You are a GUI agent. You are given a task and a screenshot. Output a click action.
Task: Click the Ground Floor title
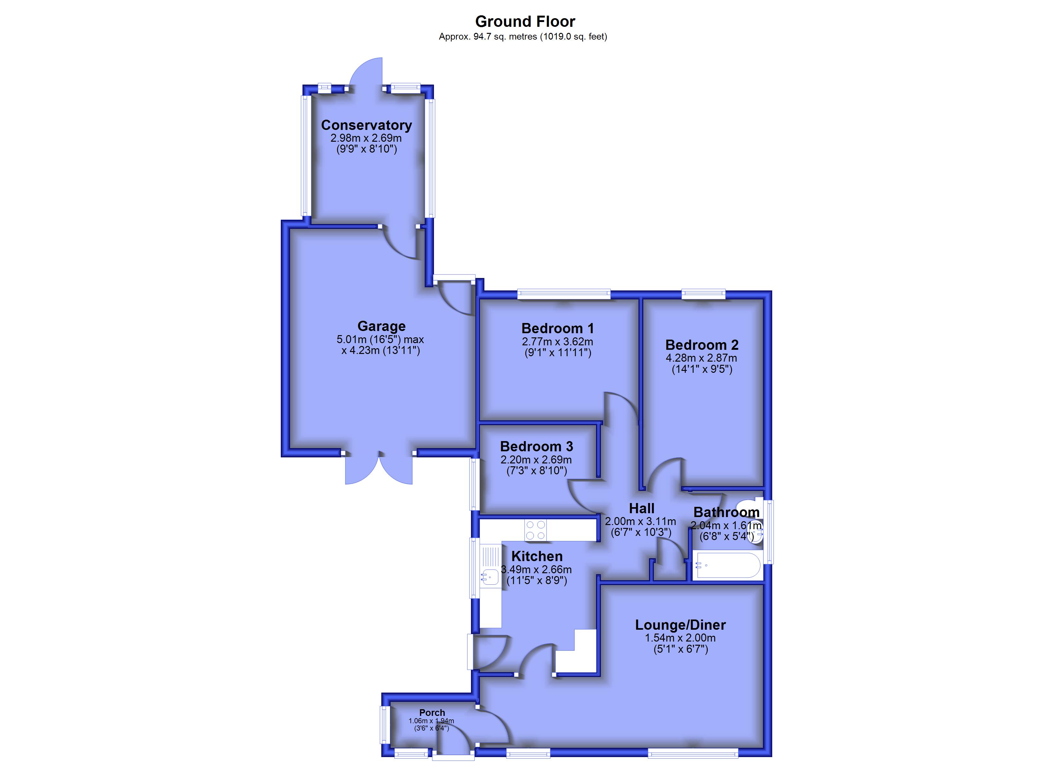(x=525, y=21)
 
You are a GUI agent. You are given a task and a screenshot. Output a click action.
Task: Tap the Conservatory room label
(x=366, y=125)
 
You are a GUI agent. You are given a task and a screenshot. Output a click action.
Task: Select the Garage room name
(x=381, y=326)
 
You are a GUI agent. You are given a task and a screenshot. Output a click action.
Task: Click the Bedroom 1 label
(x=557, y=328)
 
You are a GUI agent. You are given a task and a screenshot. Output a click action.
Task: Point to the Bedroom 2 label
(x=702, y=345)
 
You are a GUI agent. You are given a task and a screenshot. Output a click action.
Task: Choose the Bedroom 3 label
(x=536, y=447)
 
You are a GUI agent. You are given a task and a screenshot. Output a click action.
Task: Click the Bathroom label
(x=726, y=512)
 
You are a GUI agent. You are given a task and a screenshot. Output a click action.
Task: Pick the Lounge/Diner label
(x=680, y=625)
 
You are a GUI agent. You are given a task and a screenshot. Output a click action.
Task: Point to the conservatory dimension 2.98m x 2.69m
(x=366, y=138)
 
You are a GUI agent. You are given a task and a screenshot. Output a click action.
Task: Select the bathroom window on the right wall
(x=769, y=531)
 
